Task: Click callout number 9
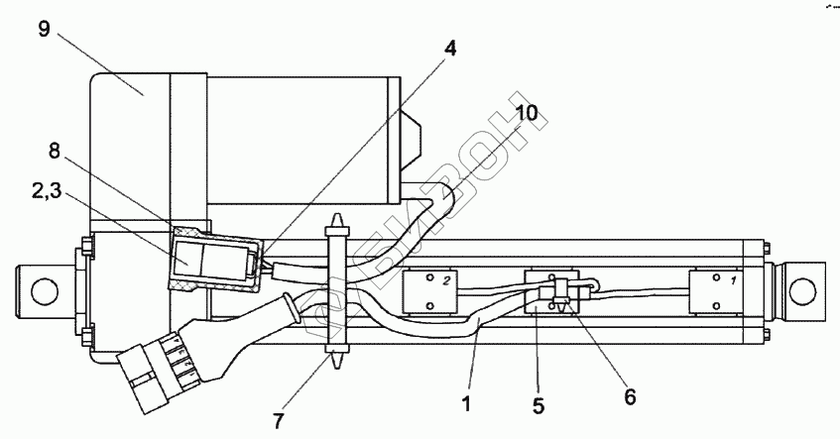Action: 44,29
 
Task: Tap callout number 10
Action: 527,113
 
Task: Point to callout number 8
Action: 55,152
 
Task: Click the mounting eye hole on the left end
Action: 42,290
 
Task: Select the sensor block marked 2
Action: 430,291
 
